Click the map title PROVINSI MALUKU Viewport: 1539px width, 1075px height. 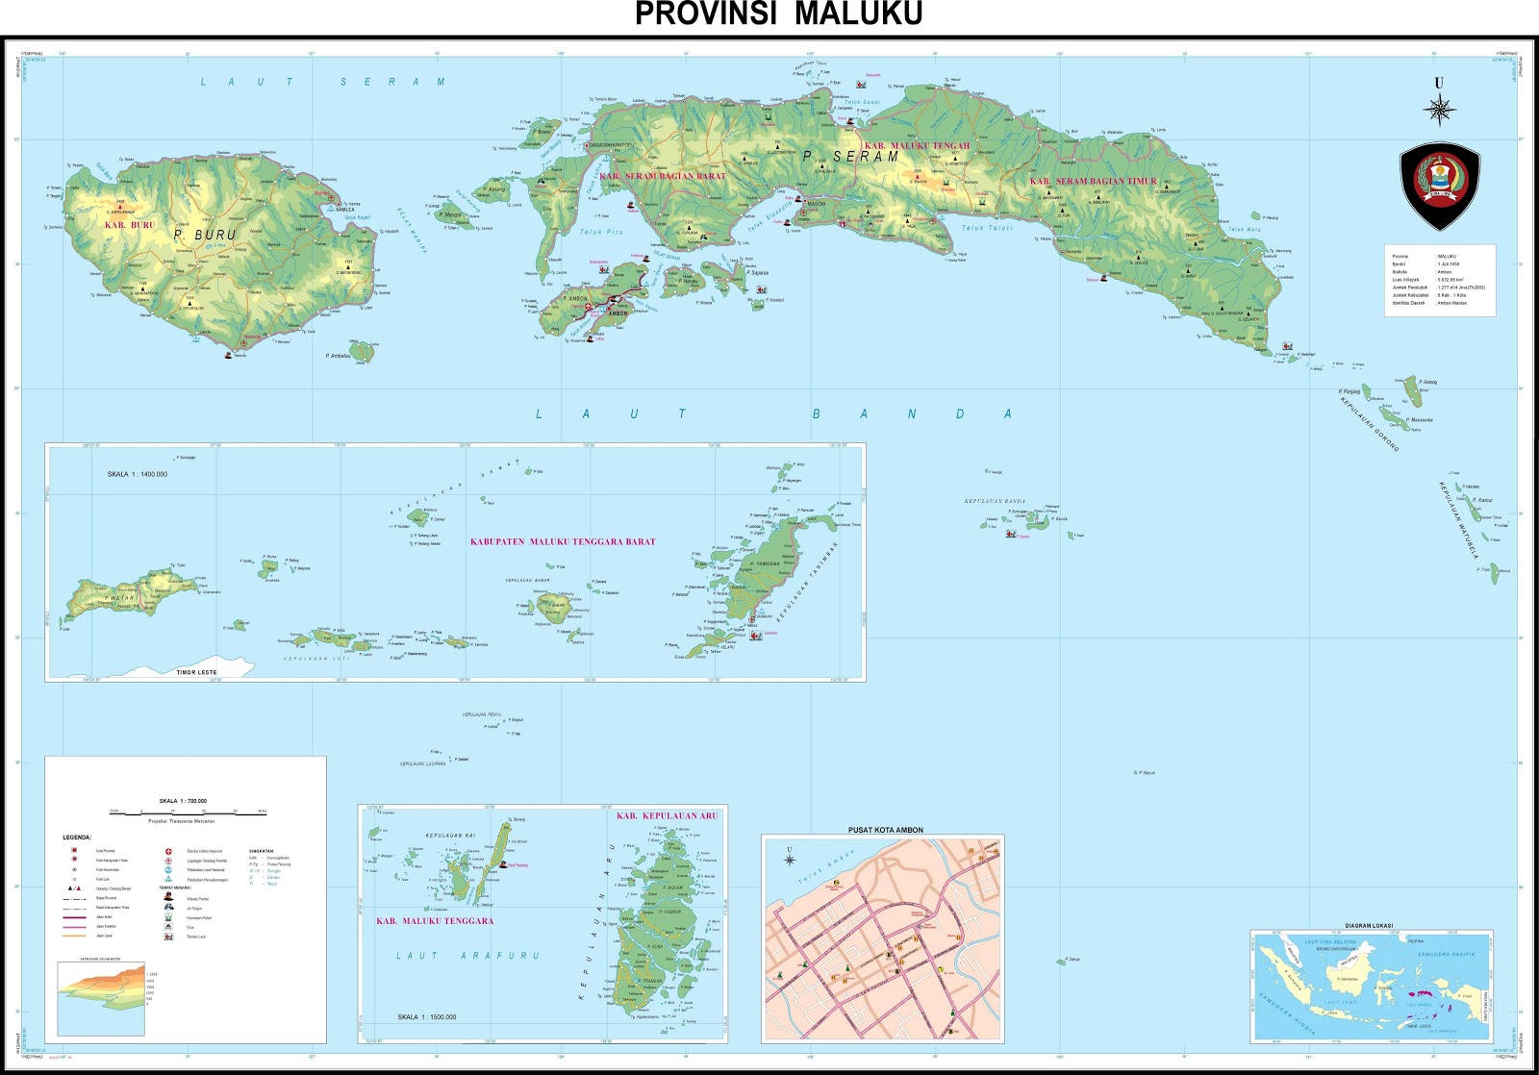[778, 14]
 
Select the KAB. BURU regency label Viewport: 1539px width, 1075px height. [129, 225]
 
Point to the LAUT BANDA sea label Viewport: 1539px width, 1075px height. [773, 414]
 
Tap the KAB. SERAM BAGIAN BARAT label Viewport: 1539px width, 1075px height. [663, 176]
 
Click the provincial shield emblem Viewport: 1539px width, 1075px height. [1439, 187]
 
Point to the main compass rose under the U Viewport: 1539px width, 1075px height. [1439, 112]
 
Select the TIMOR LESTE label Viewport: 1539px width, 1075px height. [197, 672]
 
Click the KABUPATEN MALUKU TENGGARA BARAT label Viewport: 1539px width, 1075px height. [563, 542]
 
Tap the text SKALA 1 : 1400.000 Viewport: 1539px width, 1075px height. [138, 474]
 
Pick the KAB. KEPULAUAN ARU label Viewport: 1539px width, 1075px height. [667, 815]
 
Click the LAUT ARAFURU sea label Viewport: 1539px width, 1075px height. [468, 956]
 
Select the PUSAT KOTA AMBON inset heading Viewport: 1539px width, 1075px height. [885, 830]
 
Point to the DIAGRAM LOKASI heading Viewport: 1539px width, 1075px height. [1371, 926]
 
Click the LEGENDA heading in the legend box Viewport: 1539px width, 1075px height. [77, 837]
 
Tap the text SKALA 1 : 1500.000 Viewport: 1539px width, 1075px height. [427, 1016]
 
